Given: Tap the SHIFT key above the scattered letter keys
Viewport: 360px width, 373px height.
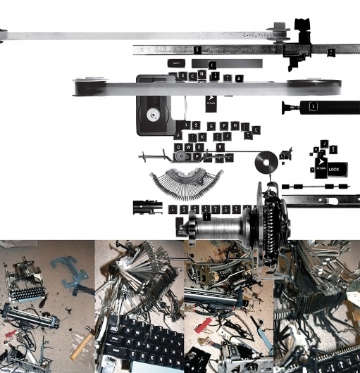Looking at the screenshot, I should click(176, 63).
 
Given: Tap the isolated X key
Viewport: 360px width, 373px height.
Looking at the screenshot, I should click(183, 75).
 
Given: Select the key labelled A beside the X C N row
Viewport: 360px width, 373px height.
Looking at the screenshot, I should click(240, 79).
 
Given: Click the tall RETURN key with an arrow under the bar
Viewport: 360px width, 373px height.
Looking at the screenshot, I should click(210, 103).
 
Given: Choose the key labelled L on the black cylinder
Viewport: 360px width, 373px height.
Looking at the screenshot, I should click(314, 106).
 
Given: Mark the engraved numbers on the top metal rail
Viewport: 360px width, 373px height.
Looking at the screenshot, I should click(258, 33).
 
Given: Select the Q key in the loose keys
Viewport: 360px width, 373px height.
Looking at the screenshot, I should click(178, 147).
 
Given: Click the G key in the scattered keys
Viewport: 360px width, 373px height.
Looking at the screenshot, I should click(211, 126).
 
